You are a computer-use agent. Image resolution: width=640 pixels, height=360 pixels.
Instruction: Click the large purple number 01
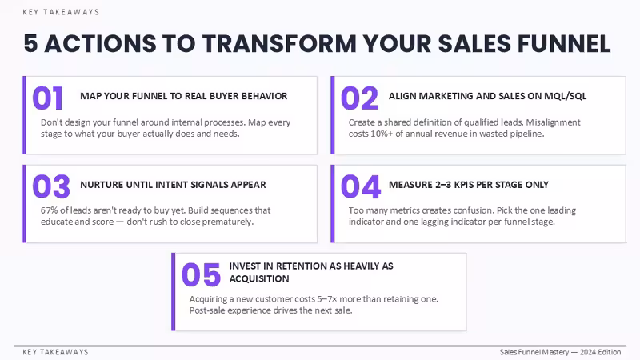tap(48, 98)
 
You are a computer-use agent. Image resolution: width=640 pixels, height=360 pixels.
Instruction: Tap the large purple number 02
tap(359, 98)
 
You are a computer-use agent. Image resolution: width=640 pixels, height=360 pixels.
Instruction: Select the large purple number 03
tap(51, 186)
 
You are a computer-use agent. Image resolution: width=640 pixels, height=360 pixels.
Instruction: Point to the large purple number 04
tap(361, 186)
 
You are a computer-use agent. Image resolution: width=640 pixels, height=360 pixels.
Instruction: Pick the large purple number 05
tap(202, 274)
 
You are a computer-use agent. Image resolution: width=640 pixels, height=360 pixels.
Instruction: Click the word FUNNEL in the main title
tap(564, 44)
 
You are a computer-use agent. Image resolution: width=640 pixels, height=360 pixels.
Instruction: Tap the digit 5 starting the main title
tap(30, 44)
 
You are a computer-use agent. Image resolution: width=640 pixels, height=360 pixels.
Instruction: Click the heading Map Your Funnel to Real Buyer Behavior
tap(184, 96)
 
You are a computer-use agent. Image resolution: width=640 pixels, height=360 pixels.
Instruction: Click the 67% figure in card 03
tap(49, 210)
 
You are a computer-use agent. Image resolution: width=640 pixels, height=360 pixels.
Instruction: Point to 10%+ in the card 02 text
tap(382, 134)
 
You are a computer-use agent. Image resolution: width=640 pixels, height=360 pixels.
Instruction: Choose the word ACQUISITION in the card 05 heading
tap(259, 278)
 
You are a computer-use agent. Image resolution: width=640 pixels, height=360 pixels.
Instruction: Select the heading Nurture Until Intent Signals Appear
tap(173, 185)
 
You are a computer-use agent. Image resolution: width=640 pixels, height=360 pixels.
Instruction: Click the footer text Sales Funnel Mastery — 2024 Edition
tap(561, 352)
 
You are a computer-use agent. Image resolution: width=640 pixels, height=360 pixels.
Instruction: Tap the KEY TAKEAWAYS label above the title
tap(61, 12)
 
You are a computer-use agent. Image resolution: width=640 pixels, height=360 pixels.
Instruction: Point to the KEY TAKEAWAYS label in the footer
tap(55, 352)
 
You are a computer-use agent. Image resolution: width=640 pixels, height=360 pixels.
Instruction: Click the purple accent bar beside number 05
tap(174, 292)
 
